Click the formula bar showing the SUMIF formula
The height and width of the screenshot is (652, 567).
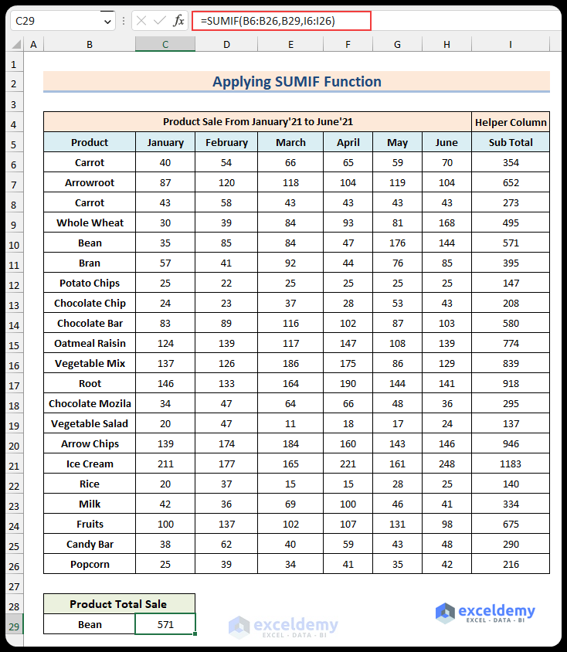point(282,21)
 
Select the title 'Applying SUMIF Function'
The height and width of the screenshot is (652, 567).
point(297,82)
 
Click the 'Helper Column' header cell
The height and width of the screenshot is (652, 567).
point(511,122)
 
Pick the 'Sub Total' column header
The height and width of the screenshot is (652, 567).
point(511,142)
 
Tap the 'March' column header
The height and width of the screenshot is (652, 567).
point(290,142)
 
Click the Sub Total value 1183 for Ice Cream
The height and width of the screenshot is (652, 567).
point(511,464)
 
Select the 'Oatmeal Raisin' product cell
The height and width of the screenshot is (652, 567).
point(90,343)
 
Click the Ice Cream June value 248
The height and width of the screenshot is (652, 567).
point(446,464)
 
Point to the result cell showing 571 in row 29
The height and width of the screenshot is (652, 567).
point(165,624)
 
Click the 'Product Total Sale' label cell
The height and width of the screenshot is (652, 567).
point(119,604)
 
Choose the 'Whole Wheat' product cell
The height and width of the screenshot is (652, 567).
point(90,222)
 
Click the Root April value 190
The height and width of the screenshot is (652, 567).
point(348,383)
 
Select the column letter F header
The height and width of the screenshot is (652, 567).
point(348,45)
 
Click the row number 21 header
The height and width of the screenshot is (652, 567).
point(14,464)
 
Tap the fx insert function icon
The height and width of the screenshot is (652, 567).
point(178,21)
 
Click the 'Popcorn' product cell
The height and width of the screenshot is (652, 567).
point(90,564)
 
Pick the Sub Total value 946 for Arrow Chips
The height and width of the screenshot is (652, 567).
point(511,443)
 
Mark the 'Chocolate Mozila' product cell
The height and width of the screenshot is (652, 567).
point(90,403)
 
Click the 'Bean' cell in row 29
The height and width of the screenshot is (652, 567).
point(90,624)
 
